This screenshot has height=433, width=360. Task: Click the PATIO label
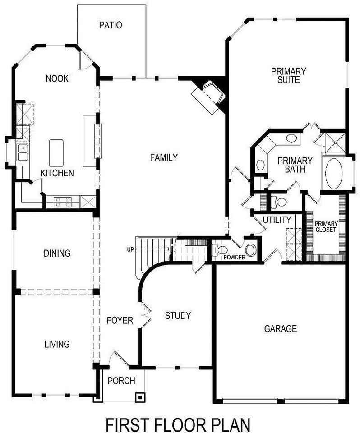pos(111,25)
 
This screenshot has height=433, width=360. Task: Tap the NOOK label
pos(57,78)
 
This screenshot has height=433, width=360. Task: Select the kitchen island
pos(56,153)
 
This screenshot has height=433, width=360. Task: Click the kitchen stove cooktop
pos(62,202)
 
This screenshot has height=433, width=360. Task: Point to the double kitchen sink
pos(23,152)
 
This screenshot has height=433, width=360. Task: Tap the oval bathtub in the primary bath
pos(334,173)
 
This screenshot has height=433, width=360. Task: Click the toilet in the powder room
pos(219,250)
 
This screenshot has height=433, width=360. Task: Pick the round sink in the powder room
pos(251,250)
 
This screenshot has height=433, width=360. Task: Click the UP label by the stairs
pos(130,249)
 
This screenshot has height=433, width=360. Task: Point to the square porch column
pos(140,397)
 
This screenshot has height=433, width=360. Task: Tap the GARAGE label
pos(281,329)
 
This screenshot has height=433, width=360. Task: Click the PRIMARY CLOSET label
pos(326,226)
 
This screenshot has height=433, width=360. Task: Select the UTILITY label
pos(277,220)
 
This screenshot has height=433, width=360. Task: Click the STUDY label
pos(178,316)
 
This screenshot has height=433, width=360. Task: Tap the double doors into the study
pos(146,314)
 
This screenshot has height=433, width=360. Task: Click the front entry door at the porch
pos(118,359)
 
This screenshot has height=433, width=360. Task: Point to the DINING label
pos(57,253)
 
